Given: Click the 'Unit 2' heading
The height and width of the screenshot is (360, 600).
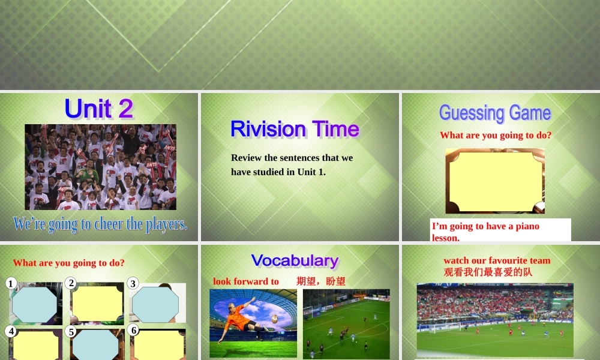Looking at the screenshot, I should click(99, 109).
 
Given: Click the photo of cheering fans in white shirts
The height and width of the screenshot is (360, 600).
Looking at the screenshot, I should click(100, 167).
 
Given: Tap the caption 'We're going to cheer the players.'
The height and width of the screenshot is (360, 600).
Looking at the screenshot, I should click(100, 224).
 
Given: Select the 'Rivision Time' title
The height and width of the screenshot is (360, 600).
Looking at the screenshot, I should click(295, 129).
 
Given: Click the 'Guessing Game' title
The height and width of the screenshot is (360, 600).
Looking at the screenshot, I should click(495, 113).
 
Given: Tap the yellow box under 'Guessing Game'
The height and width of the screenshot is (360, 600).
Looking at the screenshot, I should click(495, 180).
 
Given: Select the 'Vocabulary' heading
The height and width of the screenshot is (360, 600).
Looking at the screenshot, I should click(295, 260).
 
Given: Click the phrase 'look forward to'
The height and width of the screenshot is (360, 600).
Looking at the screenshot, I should click(246, 281).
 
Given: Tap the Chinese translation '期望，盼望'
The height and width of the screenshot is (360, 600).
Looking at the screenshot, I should click(321, 281).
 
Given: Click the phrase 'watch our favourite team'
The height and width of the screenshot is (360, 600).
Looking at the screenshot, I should click(497, 260).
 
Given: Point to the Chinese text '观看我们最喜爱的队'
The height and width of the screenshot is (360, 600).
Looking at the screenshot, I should click(488, 272).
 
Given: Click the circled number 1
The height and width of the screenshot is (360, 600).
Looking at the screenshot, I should click(11, 283).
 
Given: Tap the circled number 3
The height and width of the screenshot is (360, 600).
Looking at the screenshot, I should click(133, 283).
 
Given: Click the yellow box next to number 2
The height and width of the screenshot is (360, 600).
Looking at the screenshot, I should click(98, 304).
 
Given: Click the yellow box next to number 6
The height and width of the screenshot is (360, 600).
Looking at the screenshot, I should click(160, 344).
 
